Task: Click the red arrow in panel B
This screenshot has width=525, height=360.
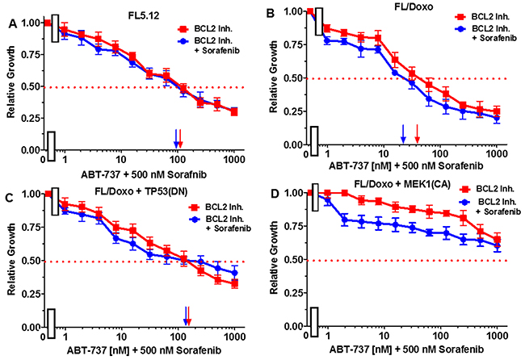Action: (417, 132)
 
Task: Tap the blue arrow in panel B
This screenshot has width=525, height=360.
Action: (403, 132)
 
